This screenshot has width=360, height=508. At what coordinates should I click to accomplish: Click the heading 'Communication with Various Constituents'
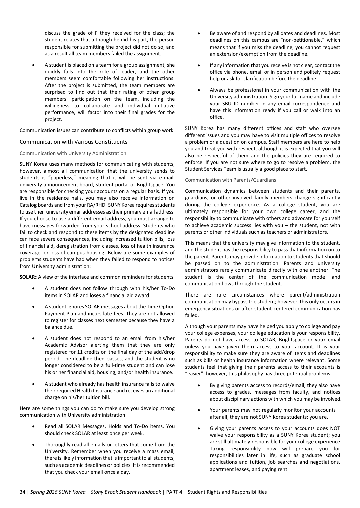click(x=73, y=142)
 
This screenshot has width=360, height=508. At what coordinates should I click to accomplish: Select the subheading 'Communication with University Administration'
click(x=73, y=153)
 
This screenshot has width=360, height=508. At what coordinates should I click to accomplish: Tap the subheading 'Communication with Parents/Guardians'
click(x=230, y=180)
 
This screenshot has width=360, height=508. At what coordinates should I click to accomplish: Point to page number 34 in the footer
click(x=22, y=492)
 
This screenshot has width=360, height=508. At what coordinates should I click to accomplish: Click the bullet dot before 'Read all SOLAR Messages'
click(x=34, y=427)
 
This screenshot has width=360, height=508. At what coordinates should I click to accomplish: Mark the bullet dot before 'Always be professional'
click(x=199, y=90)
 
